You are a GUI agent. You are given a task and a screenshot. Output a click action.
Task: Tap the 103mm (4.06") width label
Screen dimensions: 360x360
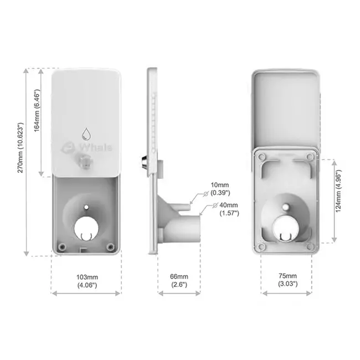87,280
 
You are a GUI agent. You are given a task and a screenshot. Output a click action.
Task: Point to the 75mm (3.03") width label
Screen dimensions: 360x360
287,280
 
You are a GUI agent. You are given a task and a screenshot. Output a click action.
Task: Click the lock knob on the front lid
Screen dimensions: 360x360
86,161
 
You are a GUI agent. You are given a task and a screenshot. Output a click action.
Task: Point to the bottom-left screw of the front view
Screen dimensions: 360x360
63,245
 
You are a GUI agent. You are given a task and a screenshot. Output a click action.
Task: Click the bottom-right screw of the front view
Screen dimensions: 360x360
111,245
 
